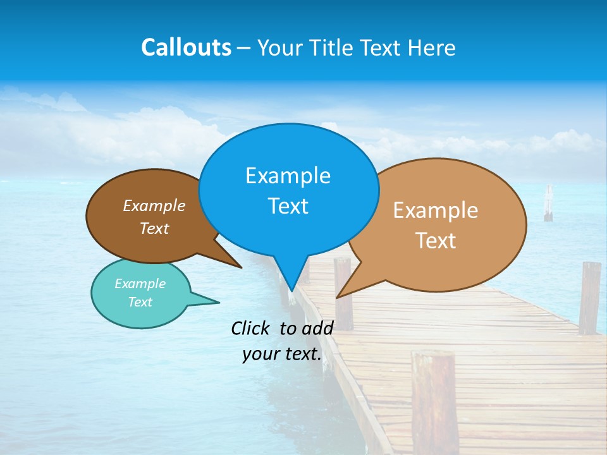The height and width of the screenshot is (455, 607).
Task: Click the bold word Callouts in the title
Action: point(186,47)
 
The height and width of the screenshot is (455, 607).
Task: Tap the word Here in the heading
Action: point(432,47)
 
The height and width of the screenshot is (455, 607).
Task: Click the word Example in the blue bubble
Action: point(288,176)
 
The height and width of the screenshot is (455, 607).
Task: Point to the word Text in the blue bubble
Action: point(288,206)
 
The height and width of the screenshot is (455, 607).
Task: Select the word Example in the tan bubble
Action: point(436,210)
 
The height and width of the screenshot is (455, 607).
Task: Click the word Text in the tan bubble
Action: point(436,241)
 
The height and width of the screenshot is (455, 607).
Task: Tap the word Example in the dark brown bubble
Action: point(154,206)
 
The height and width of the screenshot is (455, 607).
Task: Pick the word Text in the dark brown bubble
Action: point(154,229)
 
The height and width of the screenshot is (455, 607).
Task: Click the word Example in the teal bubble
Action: point(140,284)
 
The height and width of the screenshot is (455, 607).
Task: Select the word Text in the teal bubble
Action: point(140,302)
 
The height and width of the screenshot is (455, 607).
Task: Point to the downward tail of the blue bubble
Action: point(291,278)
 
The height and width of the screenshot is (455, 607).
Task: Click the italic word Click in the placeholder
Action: point(252,328)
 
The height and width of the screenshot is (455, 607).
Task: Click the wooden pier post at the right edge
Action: point(589,297)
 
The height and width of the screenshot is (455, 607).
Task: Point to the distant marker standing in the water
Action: point(548,203)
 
